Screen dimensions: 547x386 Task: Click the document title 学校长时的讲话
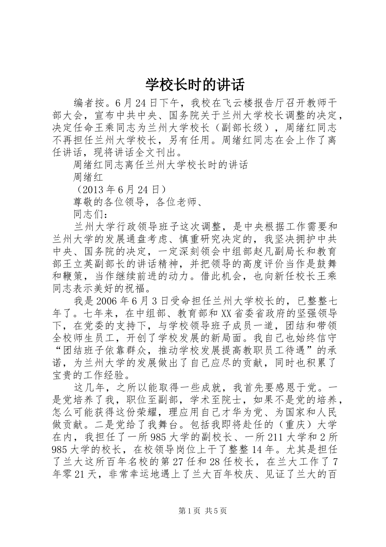coord(195,85)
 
